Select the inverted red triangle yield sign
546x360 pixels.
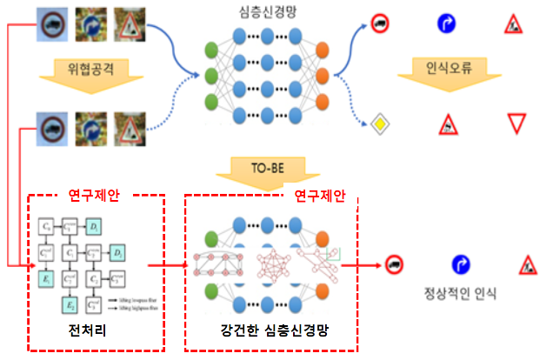[517, 123]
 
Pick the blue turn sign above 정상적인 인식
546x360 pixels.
[460, 264]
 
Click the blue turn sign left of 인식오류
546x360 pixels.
[446, 23]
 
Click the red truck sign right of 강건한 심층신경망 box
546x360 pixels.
[394, 264]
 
